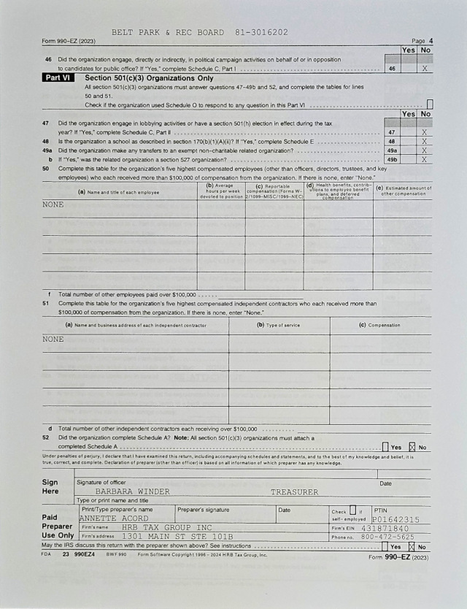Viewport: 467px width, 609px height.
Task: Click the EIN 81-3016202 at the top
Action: [262, 32]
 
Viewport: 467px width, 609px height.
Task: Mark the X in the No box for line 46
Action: [425, 68]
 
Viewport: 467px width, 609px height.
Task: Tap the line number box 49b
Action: [392, 158]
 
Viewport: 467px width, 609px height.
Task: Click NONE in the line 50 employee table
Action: [53, 204]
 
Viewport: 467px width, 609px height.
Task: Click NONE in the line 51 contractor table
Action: [53, 339]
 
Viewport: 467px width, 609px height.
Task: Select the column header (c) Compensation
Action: [379, 325]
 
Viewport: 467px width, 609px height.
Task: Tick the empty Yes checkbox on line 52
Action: [385, 446]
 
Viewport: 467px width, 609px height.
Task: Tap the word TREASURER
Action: [294, 491]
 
